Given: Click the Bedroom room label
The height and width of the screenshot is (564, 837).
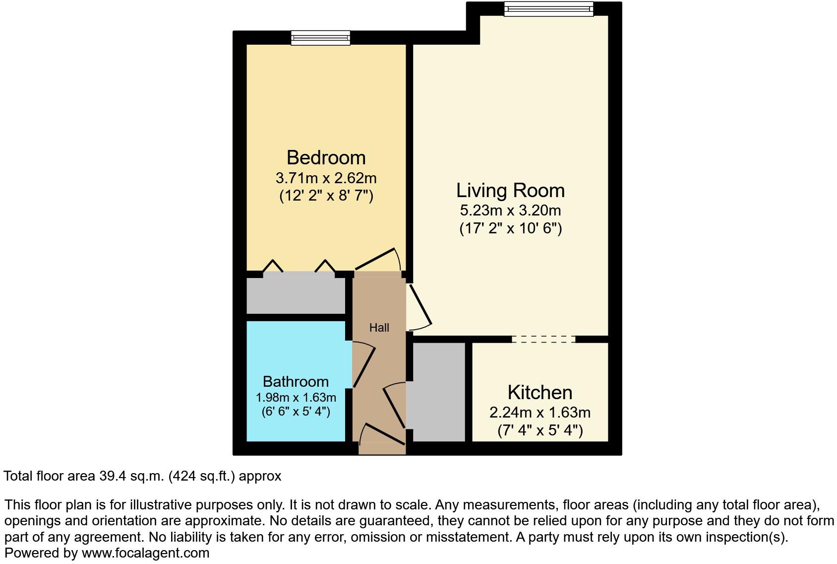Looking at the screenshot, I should coord(326,157).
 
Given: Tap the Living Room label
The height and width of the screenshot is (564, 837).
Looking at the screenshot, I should coord(510,191).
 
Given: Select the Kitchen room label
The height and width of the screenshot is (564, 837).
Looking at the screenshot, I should coord(539,393).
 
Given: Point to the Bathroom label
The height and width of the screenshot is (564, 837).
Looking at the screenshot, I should coord(296,381).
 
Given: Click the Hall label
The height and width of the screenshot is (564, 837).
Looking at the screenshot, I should coord(379,328).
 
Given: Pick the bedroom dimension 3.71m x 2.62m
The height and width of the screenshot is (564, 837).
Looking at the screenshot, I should coord(326,178).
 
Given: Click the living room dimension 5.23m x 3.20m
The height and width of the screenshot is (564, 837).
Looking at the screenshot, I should coord(510,211).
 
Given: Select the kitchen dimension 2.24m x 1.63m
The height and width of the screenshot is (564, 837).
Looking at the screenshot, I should coord(539,413).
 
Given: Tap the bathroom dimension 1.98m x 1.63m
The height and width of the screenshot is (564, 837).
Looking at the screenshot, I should coord(296,398).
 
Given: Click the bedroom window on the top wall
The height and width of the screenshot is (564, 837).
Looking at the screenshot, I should coord(320,38).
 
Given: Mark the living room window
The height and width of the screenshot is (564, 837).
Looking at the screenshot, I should coord(548,9).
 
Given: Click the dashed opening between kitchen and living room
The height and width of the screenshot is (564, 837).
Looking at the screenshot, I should coord(543,339).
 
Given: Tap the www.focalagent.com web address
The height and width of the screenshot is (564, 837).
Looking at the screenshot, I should coord(145,553).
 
